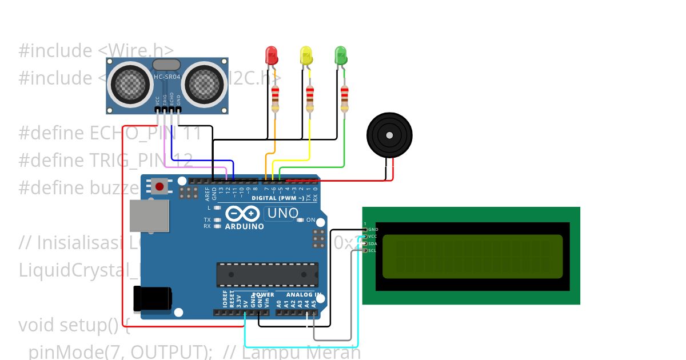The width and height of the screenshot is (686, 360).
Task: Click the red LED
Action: [272, 55]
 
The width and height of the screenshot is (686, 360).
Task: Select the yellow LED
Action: [306, 55]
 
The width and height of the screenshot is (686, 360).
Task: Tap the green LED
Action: [341, 55]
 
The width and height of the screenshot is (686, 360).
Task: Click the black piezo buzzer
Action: [389, 135]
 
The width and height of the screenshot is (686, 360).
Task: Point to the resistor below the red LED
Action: [276, 99]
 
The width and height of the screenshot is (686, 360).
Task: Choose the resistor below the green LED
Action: [344, 99]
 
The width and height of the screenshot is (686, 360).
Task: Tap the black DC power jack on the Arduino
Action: [151, 299]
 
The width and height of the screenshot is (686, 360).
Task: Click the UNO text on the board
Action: [281, 213]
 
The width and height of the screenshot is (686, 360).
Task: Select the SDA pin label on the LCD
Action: [372, 243]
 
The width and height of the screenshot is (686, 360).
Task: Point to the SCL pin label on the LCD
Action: [372, 250]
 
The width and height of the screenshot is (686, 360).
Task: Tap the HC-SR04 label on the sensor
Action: [166, 77]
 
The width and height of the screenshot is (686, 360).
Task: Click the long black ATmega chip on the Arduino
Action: [267, 275]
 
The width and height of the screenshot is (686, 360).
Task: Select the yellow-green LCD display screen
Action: [472, 257]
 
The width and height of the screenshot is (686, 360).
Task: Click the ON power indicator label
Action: [310, 219]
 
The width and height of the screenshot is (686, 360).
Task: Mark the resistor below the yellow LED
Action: [310, 99]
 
